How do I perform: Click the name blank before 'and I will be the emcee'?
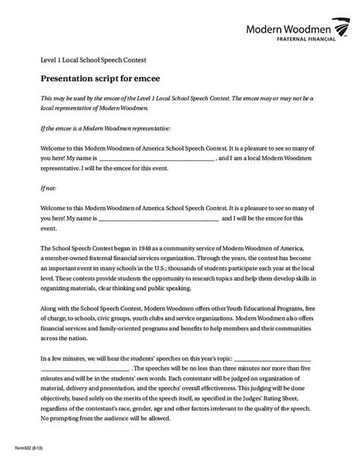(159, 218)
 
